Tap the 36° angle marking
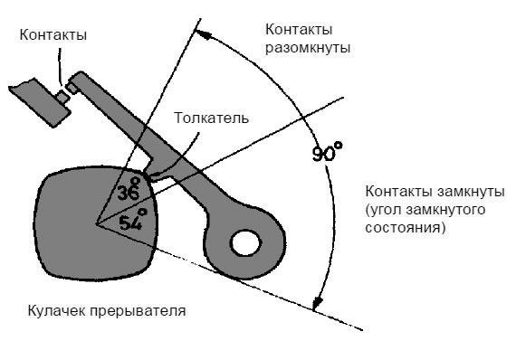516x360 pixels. pos(129,192)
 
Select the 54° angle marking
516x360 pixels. pos(132,220)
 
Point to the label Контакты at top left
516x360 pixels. pos(53,35)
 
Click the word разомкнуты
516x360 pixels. pos(304,46)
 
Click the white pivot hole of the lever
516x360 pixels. pos(244,241)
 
